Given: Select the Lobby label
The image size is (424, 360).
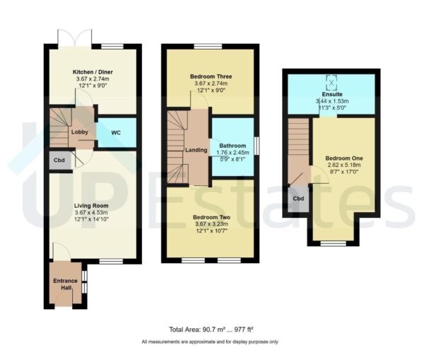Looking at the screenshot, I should [x=78, y=132].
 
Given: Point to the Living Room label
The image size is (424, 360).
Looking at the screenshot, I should [x=93, y=207].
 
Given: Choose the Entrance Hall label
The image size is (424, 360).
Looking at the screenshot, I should [x=66, y=284].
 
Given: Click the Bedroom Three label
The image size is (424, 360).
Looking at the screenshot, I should [x=211, y=76].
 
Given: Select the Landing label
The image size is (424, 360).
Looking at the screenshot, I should [x=196, y=149].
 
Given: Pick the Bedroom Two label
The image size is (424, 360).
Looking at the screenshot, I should [x=211, y=217].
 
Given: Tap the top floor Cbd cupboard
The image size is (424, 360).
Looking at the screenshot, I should [x=299, y=199].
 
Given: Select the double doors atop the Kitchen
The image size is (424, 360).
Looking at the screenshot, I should [x=74, y=37].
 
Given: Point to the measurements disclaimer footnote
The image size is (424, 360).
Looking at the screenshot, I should [x=210, y=342].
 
